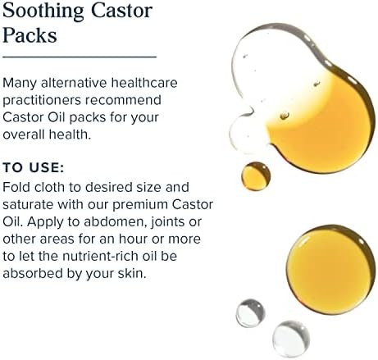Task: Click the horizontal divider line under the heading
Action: [79, 57]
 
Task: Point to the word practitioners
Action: [40, 99]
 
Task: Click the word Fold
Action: [16, 187]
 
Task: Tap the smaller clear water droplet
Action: [250, 312]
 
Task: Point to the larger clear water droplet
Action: [291, 337]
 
